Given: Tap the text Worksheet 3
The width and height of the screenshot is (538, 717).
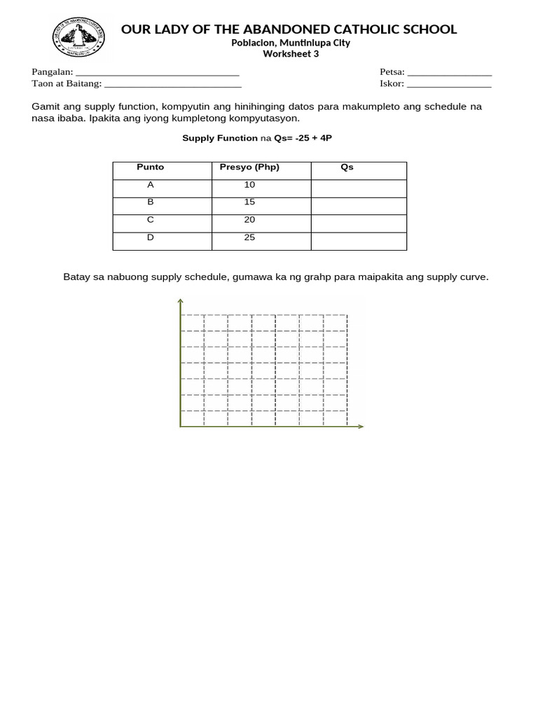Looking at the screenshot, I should (290, 54).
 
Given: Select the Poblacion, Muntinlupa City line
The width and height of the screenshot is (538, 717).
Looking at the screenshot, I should (290, 43).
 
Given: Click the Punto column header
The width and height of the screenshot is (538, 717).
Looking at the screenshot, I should (150, 167).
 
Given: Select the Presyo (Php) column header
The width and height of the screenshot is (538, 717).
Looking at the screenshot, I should (249, 167).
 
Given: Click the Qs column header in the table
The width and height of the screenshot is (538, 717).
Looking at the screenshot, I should (347, 167).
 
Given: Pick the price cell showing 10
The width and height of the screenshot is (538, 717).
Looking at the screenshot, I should (249, 185).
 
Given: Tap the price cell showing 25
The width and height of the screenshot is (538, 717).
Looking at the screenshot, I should (249, 237).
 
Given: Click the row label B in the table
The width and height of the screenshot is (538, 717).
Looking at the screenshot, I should (150, 202).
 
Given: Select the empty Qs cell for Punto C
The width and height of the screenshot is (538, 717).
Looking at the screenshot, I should (359, 223).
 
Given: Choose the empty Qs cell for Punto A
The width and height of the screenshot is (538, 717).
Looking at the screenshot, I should (359, 188).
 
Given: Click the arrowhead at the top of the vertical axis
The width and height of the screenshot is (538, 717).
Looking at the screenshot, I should (181, 302).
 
